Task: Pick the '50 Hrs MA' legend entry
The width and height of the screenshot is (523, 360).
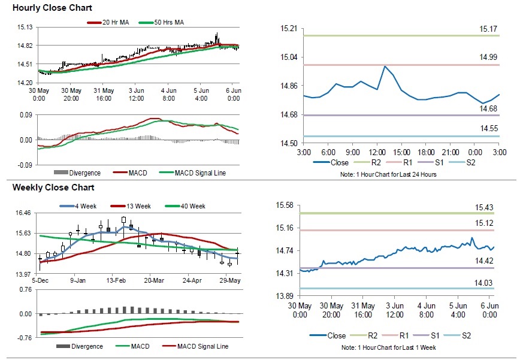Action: [166, 22]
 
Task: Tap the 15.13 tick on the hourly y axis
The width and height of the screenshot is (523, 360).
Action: [25, 27]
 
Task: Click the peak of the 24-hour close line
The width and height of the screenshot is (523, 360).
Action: [384, 66]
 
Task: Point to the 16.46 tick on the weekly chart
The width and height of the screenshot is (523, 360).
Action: [25, 213]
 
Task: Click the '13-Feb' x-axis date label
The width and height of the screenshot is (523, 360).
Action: [116, 280]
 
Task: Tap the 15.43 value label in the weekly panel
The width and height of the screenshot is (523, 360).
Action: [484, 207]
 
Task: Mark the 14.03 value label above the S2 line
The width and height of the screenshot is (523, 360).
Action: [484, 283]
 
